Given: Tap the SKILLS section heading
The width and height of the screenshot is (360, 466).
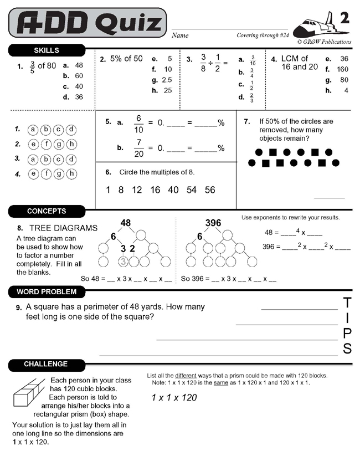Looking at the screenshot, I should tap(47, 50).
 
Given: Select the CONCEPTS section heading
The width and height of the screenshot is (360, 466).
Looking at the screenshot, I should tap(47, 211).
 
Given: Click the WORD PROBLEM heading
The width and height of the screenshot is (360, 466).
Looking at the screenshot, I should tap(47, 291).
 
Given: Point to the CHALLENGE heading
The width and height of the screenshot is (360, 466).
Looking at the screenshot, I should tap(46, 364).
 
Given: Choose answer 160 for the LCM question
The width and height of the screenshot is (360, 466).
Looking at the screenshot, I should tap(342, 69).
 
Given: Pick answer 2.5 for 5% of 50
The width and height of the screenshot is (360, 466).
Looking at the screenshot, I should tap(166, 80).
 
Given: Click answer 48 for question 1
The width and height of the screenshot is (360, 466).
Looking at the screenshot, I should tap(79, 65).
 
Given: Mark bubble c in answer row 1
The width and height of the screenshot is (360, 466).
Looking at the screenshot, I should tap(59, 130).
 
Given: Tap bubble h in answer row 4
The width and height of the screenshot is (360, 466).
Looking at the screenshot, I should tap(71, 174).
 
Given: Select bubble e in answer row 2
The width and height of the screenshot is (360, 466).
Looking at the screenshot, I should tap(33, 144).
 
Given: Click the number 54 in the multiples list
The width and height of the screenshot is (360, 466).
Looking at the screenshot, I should tap(192, 190).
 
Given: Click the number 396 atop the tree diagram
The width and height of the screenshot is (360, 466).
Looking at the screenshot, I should tap(213, 223).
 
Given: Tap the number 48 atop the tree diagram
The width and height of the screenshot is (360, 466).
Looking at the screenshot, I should tap(126, 223).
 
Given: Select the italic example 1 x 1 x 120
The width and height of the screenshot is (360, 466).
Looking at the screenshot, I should tap(174, 397).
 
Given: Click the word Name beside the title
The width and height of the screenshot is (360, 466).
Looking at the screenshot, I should tap(180, 35).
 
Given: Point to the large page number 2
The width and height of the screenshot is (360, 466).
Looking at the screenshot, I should tap(344, 18).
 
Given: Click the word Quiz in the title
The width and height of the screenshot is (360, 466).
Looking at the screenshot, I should tap(128, 23).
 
